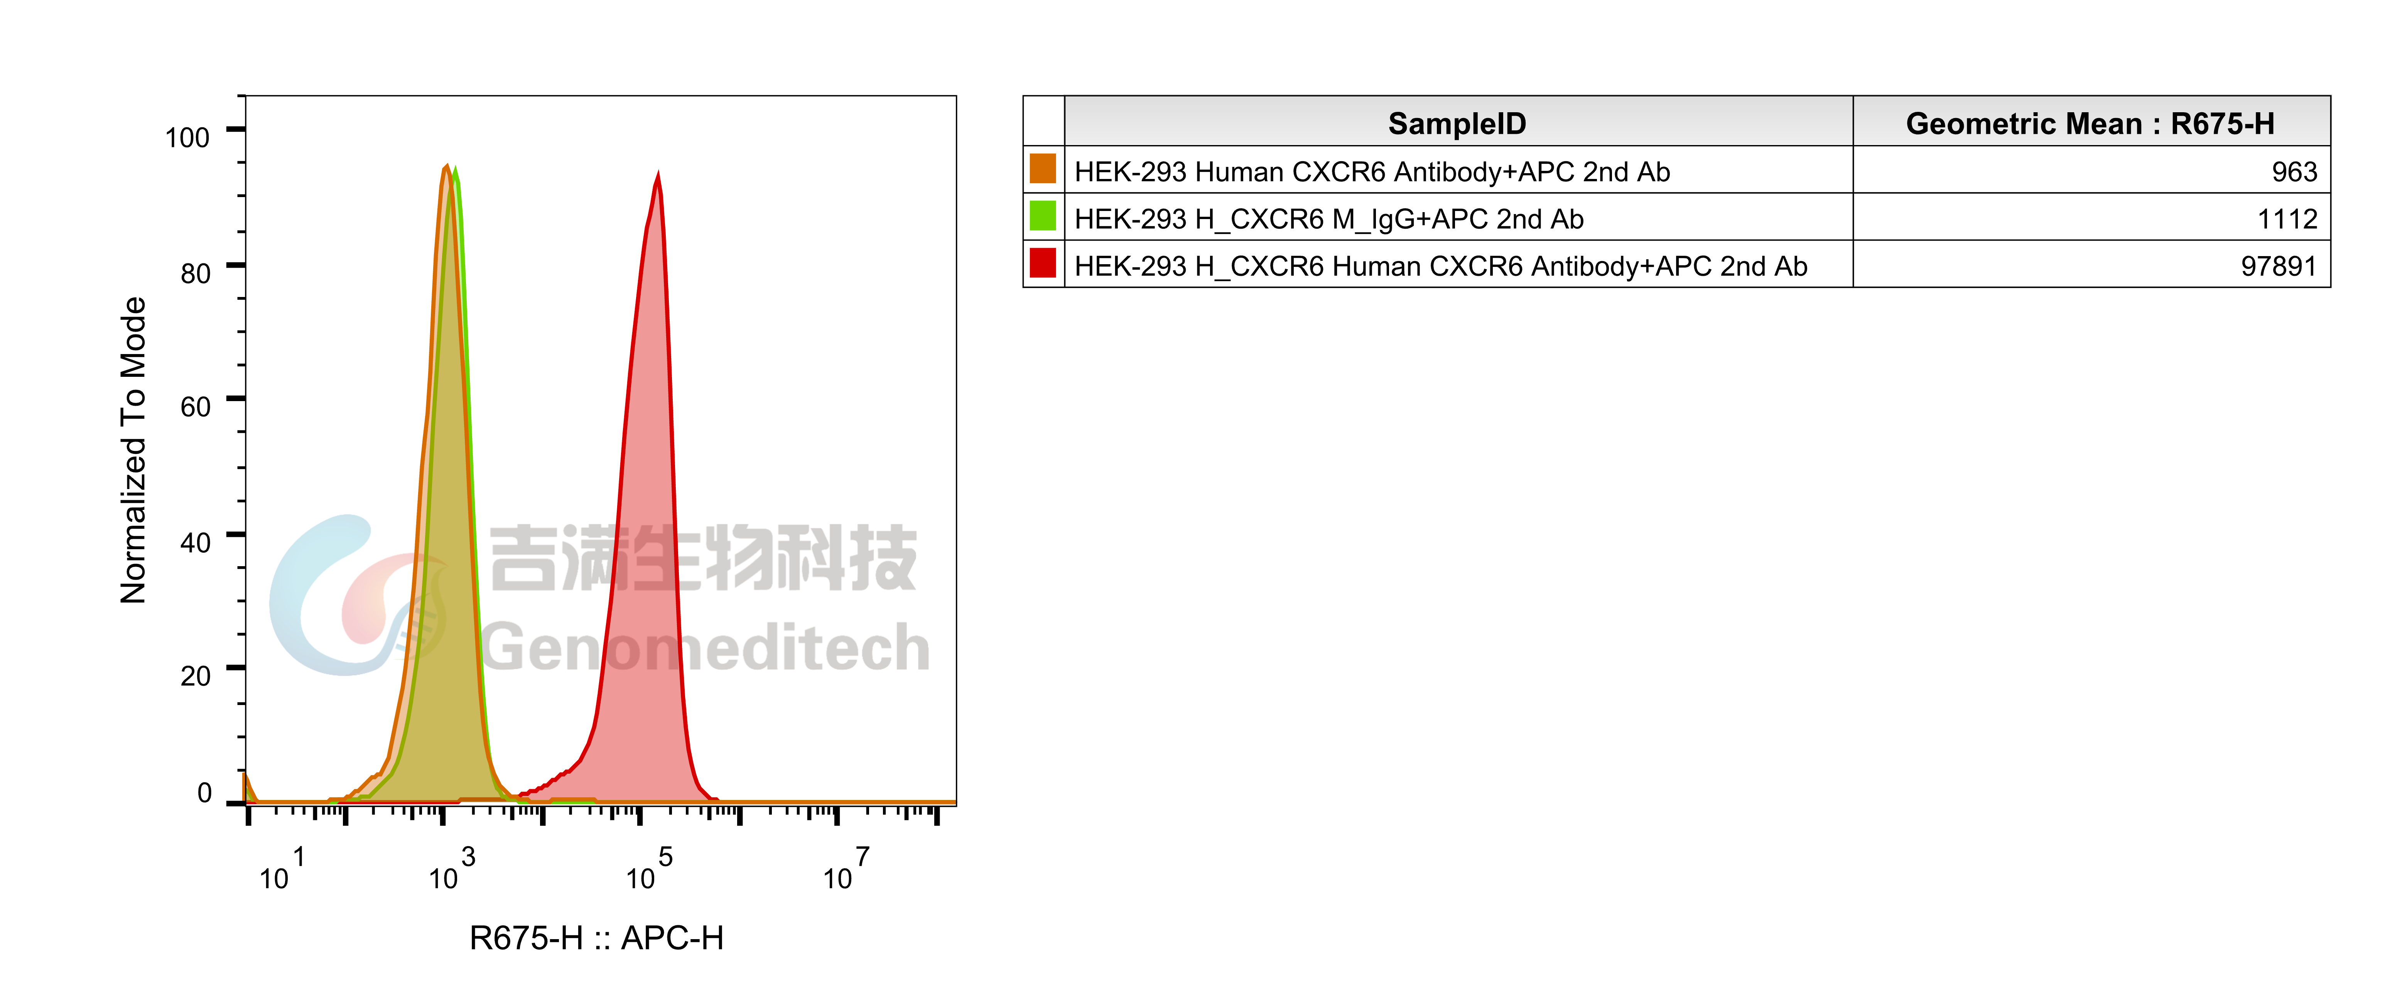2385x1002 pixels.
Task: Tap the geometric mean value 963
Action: coord(2294,171)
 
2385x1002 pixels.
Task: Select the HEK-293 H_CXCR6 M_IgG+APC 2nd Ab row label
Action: coord(1328,219)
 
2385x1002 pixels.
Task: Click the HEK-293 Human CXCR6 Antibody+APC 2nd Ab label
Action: coord(1372,171)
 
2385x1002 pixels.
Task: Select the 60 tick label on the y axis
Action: coord(195,407)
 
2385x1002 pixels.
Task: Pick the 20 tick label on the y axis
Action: coord(195,675)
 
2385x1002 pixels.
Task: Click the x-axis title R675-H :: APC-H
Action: coord(596,938)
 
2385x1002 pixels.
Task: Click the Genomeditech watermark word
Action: coord(706,647)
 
